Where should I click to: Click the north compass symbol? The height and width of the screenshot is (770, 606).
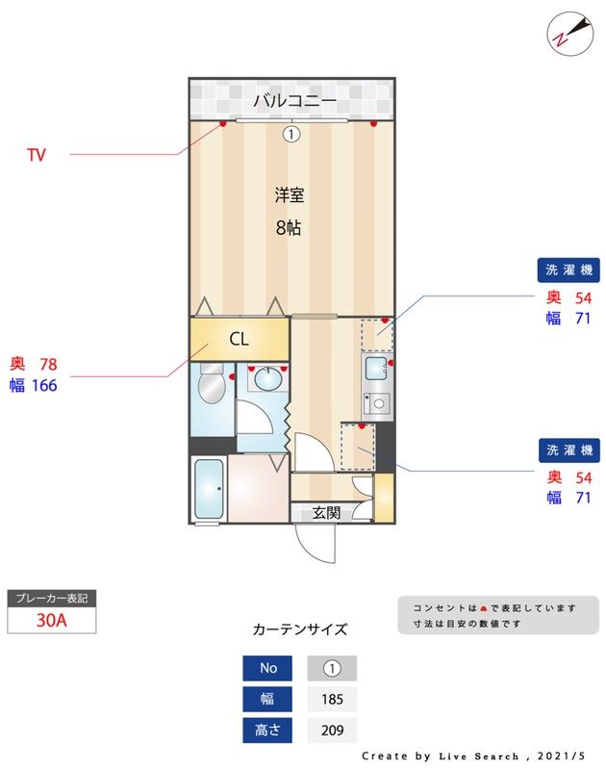567,32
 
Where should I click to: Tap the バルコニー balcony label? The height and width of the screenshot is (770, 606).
294,100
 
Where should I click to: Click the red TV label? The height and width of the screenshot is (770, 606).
37,154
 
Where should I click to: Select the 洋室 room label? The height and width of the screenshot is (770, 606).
290,195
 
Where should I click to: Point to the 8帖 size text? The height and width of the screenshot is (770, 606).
290,228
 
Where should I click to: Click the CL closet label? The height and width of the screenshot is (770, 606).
239,339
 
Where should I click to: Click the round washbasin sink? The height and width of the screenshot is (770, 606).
265,378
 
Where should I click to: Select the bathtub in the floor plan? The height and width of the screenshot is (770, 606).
209,490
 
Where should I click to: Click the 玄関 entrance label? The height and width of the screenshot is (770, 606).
326,513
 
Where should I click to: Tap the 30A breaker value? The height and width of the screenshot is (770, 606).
51,620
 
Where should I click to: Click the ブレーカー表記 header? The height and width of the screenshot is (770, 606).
51,598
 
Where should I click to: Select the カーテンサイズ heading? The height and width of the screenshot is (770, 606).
299,629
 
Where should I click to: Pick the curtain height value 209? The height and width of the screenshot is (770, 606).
332,731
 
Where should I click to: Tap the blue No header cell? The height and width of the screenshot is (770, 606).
268,668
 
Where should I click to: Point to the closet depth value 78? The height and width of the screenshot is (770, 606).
48,364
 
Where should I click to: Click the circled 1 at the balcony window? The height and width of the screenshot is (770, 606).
291,135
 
